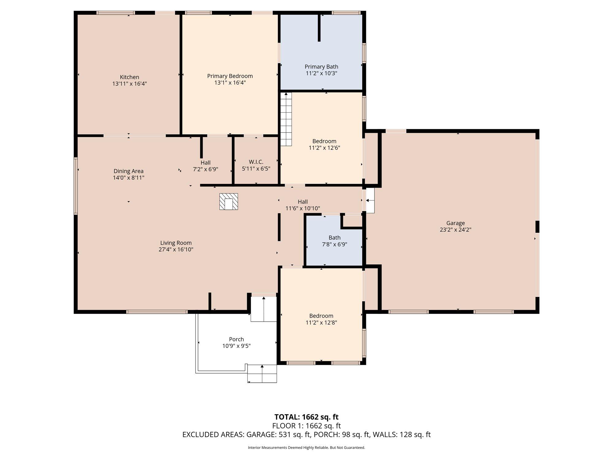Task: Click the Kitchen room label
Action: pyautogui.click(x=129, y=77)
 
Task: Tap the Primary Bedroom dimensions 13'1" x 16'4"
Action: pyautogui.click(x=230, y=82)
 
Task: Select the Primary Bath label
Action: pyautogui.click(x=321, y=67)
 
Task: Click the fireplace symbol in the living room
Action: pyautogui.click(x=229, y=201)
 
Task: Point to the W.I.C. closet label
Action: pyautogui.click(x=256, y=162)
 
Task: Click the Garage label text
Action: pyautogui.click(x=455, y=223)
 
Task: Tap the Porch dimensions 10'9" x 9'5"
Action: pyautogui.click(x=236, y=346)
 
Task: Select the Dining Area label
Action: pyautogui.click(x=128, y=171)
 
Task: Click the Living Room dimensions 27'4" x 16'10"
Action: pyautogui.click(x=176, y=249)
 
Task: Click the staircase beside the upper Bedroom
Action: pyautogui.click(x=286, y=119)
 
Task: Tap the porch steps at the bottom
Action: pyautogui.click(x=262, y=374)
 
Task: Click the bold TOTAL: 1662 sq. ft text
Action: pyautogui.click(x=306, y=417)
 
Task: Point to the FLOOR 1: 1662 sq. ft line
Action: pyautogui.click(x=306, y=426)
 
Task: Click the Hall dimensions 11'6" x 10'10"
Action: pyautogui.click(x=303, y=208)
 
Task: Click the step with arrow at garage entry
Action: pyautogui.click(x=370, y=201)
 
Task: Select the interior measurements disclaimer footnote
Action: pyautogui.click(x=306, y=448)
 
